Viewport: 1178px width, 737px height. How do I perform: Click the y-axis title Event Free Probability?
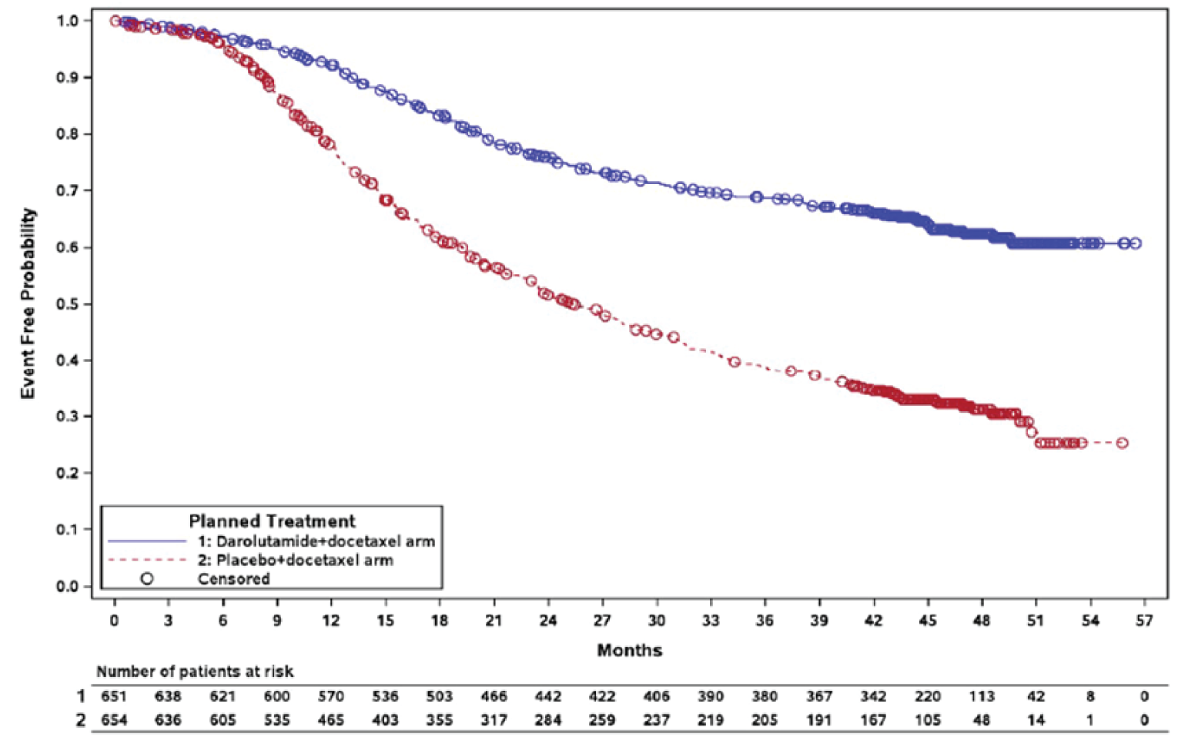(28, 303)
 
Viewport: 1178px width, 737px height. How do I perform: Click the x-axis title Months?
(629, 650)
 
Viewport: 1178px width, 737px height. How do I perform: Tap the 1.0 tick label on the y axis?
(68, 21)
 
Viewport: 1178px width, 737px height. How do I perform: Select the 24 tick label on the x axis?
(547, 621)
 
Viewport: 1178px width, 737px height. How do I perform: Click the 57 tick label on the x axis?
(1144, 621)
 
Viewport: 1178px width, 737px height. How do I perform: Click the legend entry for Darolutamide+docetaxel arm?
(316, 541)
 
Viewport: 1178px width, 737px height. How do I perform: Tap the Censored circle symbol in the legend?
(147, 578)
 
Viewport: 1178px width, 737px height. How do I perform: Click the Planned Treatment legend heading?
(272, 521)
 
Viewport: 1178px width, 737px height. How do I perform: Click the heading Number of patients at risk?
(195, 672)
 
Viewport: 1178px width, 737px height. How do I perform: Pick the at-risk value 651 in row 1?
(113, 696)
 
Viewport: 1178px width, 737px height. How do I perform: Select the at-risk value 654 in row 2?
(113, 720)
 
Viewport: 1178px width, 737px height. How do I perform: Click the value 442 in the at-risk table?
(547, 696)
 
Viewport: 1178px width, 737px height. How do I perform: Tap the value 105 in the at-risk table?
(927, 720)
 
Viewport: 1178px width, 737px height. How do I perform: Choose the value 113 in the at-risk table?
(981, 696)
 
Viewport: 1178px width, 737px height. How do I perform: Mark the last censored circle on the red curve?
(1122, 443)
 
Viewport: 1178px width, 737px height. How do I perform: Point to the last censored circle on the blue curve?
(1135, 243)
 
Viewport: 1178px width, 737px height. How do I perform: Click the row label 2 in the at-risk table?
(81, 720)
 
